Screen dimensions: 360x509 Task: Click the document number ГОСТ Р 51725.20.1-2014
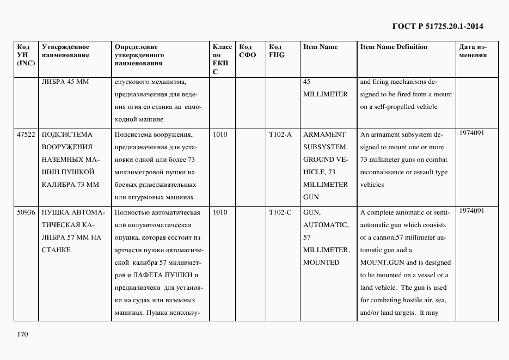tap(438, 26)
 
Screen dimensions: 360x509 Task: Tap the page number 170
tap(22, 334)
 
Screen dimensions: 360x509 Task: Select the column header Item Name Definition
tap(394, 47)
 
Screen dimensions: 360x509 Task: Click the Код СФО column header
tap(248, 51)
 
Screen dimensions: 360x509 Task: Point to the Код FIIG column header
tap(277, 51)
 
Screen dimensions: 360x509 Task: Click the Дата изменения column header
tap(473, 51)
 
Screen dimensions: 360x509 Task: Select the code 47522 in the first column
tap(26, 135)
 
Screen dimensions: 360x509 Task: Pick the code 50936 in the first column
tap(26, 212)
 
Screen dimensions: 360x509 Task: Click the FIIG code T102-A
tap(280, 135)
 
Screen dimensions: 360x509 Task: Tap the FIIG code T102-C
tap(280, 212)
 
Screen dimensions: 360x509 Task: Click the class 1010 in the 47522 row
tap(219, 135)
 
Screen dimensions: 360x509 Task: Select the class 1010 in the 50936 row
tap(219, 212)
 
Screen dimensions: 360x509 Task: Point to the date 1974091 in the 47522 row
tap(471, 133)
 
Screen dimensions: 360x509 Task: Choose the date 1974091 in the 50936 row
tap(471, 211)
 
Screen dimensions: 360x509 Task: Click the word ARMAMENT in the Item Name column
tap(324, 135)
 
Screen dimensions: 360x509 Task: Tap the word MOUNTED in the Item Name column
tap(321, 262)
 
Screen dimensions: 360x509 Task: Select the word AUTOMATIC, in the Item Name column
tap(326, 224)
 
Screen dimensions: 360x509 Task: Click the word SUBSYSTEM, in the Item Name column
tap(325, 147)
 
